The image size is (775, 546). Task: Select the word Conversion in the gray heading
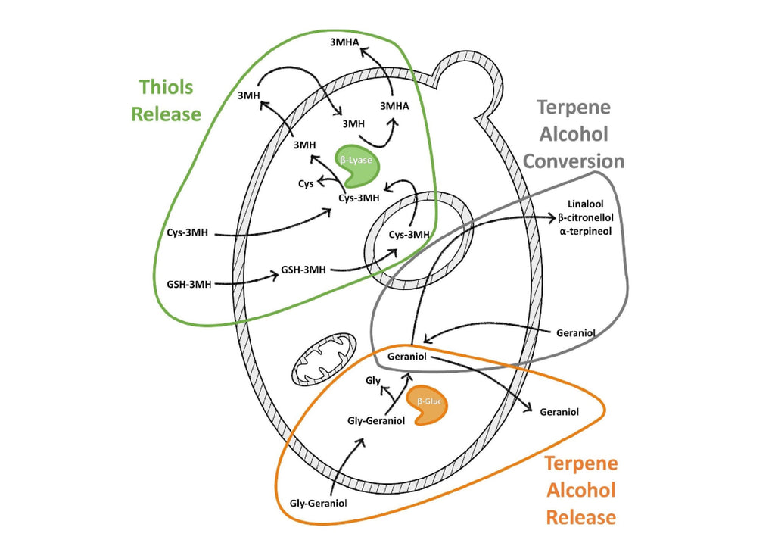pyautogui.click(x=574, y=161)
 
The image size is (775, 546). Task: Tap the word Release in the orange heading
pyautogui.click(x=580, y=518)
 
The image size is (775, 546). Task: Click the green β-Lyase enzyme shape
pyautogui.click(x=356, y=164)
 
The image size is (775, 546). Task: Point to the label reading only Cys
pyautogui.click(x=305, y=183)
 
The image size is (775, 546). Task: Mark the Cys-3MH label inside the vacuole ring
pyautogui.click(x=409, y=235)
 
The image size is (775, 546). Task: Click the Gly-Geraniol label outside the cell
pyautogui.click(x=318, y=503)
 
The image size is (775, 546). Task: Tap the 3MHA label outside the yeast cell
pyautogui.click(x=345, y=45)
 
